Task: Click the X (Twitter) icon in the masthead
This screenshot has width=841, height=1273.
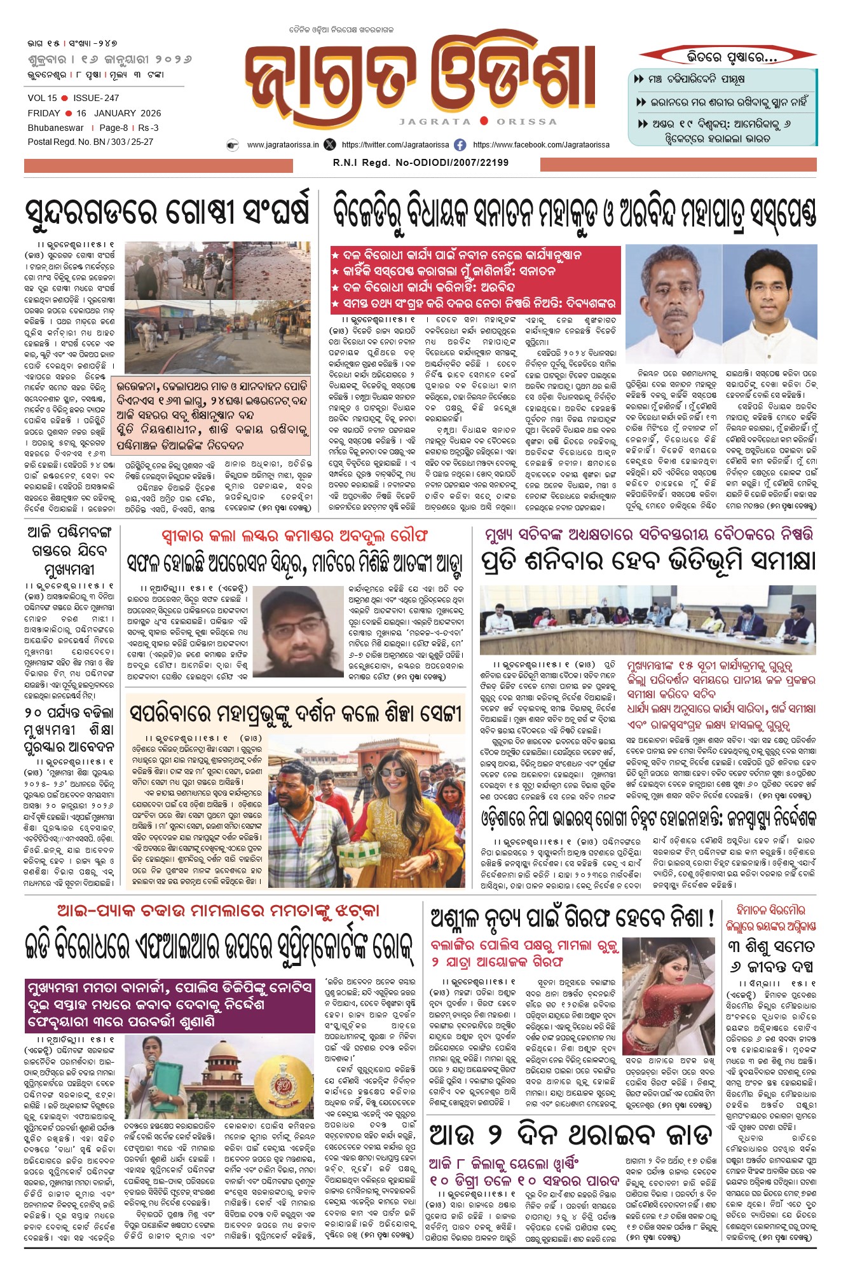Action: (329, 145)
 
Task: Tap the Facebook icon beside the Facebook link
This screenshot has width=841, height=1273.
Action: (460, 145)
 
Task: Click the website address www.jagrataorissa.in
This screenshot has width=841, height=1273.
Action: (283, 145)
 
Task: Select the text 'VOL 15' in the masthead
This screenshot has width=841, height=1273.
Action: (42, 98)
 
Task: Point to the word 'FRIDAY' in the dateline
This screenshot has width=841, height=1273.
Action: (44, 113)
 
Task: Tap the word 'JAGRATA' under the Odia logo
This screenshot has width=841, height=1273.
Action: (435, 121)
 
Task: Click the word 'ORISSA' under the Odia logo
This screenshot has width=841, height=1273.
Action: (526, 121)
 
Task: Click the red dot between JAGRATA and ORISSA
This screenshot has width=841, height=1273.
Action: (484, 121)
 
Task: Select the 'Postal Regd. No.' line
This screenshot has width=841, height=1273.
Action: (90, 142)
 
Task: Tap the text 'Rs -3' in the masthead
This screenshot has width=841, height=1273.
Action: (148, 128)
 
